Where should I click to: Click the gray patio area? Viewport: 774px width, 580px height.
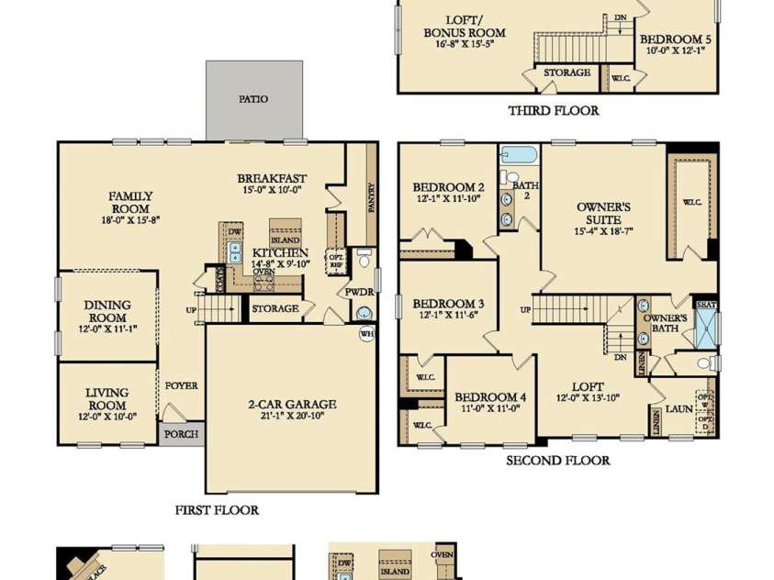pos(253,100)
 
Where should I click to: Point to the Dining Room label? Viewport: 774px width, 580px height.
pos(107,310)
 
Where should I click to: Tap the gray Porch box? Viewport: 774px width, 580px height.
pos(181,434)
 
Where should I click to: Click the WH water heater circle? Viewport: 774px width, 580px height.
pos(366,334)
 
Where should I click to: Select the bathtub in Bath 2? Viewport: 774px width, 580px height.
pos(519,154)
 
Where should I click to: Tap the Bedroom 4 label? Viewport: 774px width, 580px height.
pos(490,402)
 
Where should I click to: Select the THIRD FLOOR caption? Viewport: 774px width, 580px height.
pos(553,111)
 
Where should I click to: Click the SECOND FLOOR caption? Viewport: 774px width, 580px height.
pos(558,461)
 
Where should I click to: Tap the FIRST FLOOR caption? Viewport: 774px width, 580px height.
pos(217,510)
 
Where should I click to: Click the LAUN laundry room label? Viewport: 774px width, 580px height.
pos(679,408)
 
